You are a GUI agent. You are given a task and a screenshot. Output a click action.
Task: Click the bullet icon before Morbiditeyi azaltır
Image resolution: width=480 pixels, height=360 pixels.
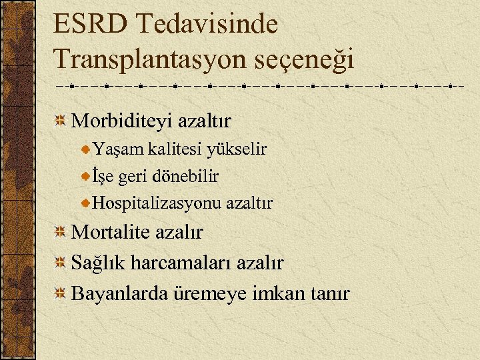(x=60, y=121)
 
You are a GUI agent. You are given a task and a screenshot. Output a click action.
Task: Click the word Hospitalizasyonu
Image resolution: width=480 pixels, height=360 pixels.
(x=157, y=203)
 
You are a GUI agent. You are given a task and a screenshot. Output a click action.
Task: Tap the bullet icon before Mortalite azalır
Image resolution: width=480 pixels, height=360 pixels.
(x=60, y=232)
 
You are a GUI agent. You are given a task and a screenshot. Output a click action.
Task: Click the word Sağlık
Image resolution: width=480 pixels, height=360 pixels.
(x=98, y=263)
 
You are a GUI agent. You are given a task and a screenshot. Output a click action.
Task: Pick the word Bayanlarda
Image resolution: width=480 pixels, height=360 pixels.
(x=119, y=293)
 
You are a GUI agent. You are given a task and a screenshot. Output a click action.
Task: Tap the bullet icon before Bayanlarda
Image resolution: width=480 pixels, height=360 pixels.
(x=60, y=293)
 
